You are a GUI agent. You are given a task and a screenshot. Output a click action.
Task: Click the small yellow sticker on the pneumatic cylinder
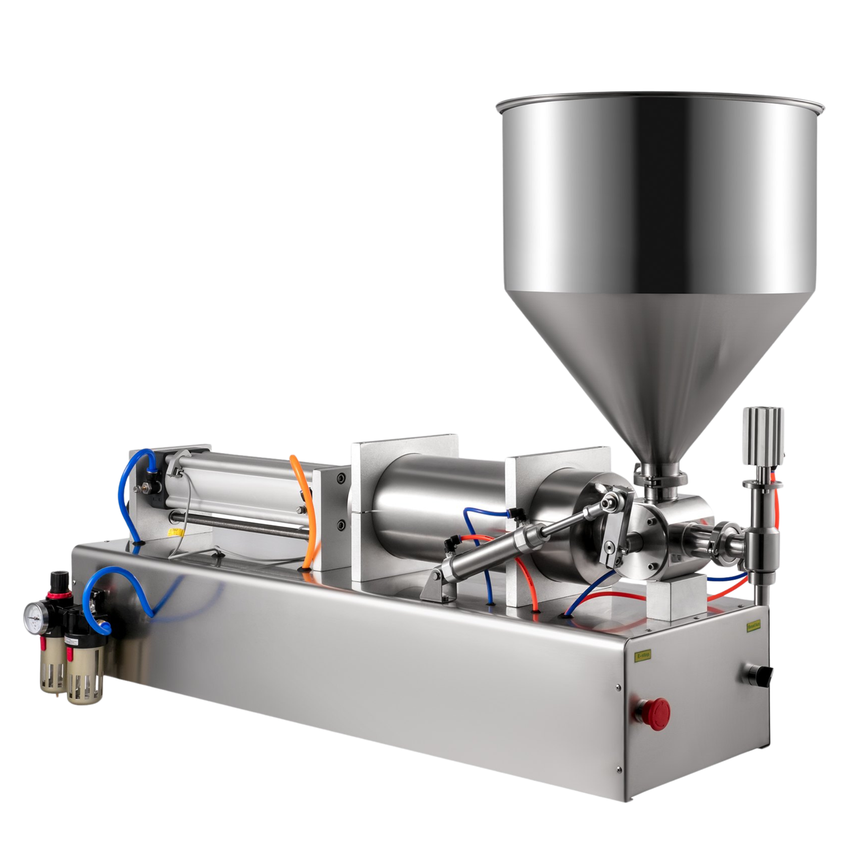tap(173, 534)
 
